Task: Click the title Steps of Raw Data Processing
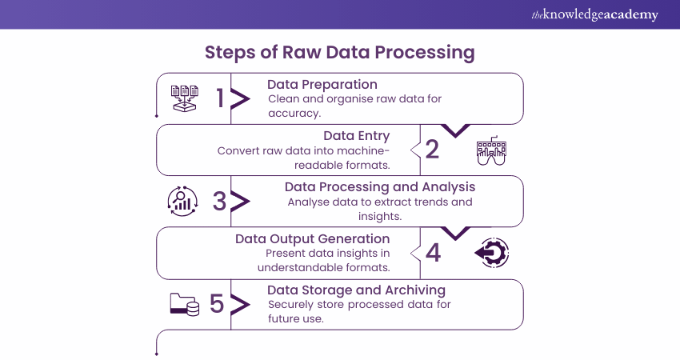coord(340,53)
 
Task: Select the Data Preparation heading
coord(322,84)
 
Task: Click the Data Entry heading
coord(356,135)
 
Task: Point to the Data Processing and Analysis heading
coord(380,186)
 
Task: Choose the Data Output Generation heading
coord(312,238)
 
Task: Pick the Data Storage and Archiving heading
coord(356,290)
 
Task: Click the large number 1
coord(220,98)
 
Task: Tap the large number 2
coord(433,150)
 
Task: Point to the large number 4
coord(433,253)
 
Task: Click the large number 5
coord(217,304)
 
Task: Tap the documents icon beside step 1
coord(184,98)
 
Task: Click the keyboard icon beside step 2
coord(491,150)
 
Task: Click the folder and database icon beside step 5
coord(184,304)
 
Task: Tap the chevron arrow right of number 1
coord(239,98)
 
